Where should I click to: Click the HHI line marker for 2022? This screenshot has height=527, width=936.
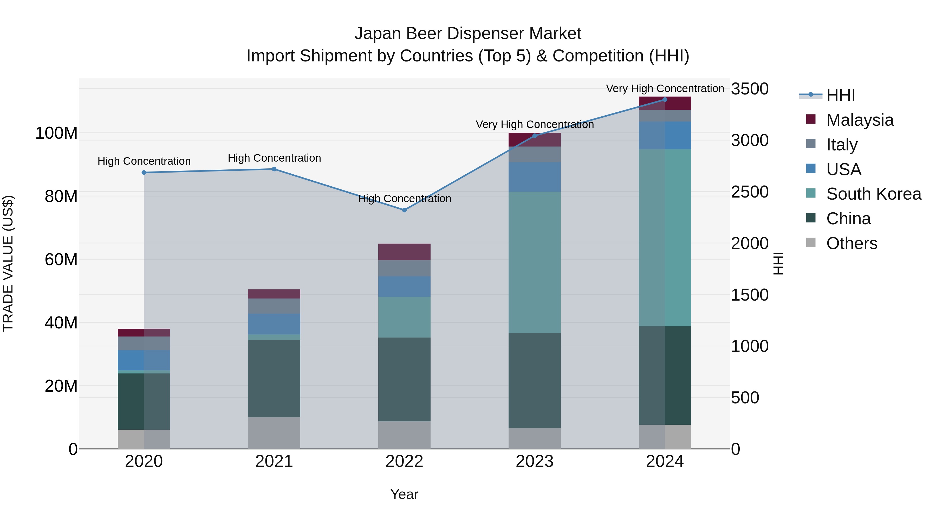pyautogui.click(x=404, y=210)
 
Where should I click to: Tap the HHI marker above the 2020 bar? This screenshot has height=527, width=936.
pyautogui.click(x=144, y=172)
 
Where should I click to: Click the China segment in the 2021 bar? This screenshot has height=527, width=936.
pyautogui.click(x=274, y=378)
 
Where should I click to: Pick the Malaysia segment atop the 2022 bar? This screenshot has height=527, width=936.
pyautogui.click(x=404, y=252)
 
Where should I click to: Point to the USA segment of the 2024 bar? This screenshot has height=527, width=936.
pyautogui.click(x=665, y=135)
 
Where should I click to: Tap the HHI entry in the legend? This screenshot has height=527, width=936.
pyautogui.click(x=840, y=95)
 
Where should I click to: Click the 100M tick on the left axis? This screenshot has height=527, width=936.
pyautogui.click(x=56, y=133)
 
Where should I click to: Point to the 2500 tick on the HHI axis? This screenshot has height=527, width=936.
pyautogui.click(x=749, y=192)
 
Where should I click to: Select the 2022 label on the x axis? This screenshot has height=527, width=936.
pyautogui.click(x=404, y=461)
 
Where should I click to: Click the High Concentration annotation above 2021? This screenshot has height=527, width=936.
pyautogui.click(x=274, y=158)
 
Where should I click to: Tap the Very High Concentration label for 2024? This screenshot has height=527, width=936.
pyautogui.click(x=665, y=88)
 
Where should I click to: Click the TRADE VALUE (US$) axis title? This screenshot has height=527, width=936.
pyautogui.click(x=8, y=263)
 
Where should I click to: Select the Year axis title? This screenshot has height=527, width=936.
pyautogui.click(x=404, y=494)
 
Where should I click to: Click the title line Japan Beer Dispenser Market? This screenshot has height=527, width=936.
pyautogui.click(x=468, y=34)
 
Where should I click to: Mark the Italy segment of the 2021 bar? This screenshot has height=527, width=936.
pyautogui.click(x=274, y=306)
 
